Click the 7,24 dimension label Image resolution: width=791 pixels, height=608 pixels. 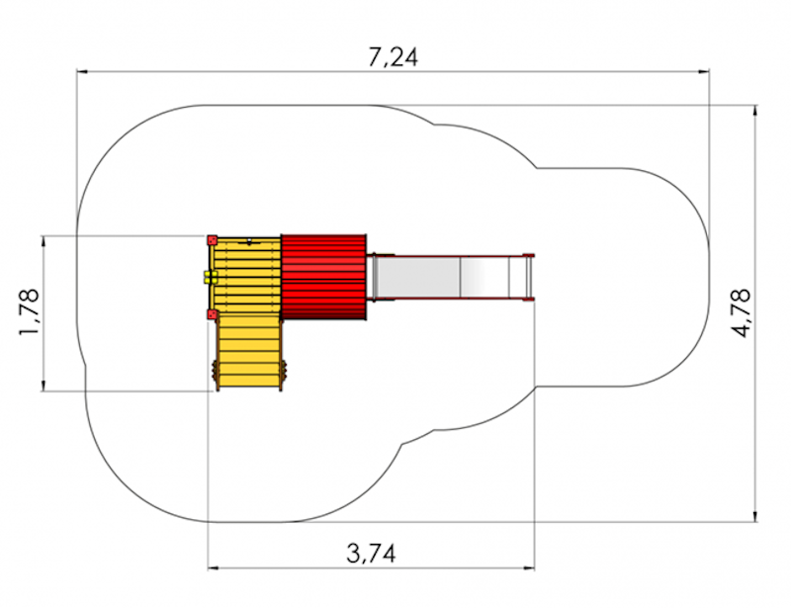point(393,57)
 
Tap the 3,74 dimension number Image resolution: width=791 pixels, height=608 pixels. point(372,554)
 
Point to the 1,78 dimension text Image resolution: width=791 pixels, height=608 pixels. point(29,312)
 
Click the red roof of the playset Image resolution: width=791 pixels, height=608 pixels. point(324,277)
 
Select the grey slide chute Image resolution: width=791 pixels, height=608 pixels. point(449,278)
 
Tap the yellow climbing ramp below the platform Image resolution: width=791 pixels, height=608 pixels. point(249,351)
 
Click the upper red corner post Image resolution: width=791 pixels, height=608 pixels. point(212,239)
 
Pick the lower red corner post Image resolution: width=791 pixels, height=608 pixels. point(212,314)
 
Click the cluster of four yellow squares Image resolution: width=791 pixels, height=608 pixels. point(211,277)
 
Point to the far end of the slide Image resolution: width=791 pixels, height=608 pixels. point(529,278)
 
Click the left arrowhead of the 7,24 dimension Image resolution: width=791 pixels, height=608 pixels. point(83,71)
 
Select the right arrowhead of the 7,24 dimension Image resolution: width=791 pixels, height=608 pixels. point(703,71)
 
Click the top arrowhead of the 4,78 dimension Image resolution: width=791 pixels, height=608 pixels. point(755,111)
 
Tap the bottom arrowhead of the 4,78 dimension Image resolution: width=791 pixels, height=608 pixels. point(755,516)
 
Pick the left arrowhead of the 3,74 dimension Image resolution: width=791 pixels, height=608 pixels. point(214,568)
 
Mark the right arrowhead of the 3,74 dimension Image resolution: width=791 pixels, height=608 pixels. point(529,568)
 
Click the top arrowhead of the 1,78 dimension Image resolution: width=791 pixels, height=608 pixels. point(44,242)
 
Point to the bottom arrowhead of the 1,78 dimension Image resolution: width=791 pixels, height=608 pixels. point(44,385)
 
